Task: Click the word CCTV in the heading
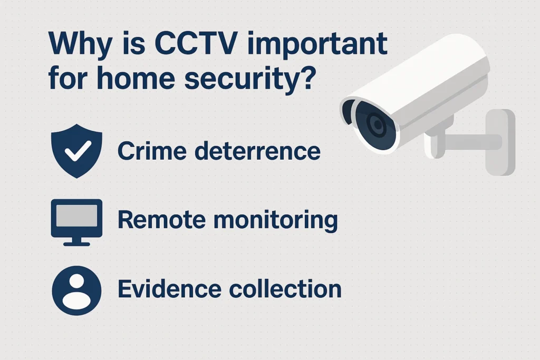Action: [196, 43]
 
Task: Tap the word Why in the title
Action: [80, 46]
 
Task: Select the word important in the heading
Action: [317, 45]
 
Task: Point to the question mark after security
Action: [308, 77]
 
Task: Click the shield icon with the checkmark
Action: [77, 151]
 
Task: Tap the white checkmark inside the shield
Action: [78, 151]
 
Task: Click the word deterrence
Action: [257, 151]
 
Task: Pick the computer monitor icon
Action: [77, 222]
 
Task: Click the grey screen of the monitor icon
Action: [77, 216]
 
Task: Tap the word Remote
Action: [161, 220]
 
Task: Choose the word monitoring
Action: [275, 220]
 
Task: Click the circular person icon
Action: [77, 290]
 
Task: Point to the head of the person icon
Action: [76, 281]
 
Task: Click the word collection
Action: [285, 288]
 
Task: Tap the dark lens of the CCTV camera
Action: [375, 124]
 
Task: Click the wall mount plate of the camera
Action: [500, 142]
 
